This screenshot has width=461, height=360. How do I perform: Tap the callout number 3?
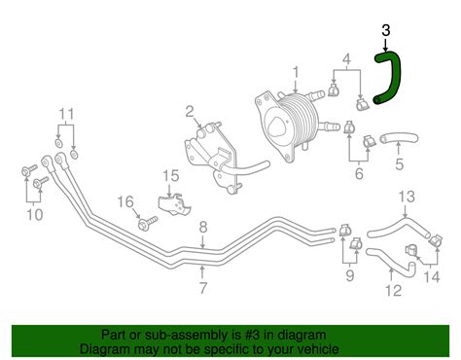click(386, 31)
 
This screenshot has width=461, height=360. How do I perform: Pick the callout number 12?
click(392, 291)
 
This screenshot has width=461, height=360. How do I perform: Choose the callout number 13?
click(406, 196)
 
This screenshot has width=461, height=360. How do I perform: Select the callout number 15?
click(171, 176)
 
